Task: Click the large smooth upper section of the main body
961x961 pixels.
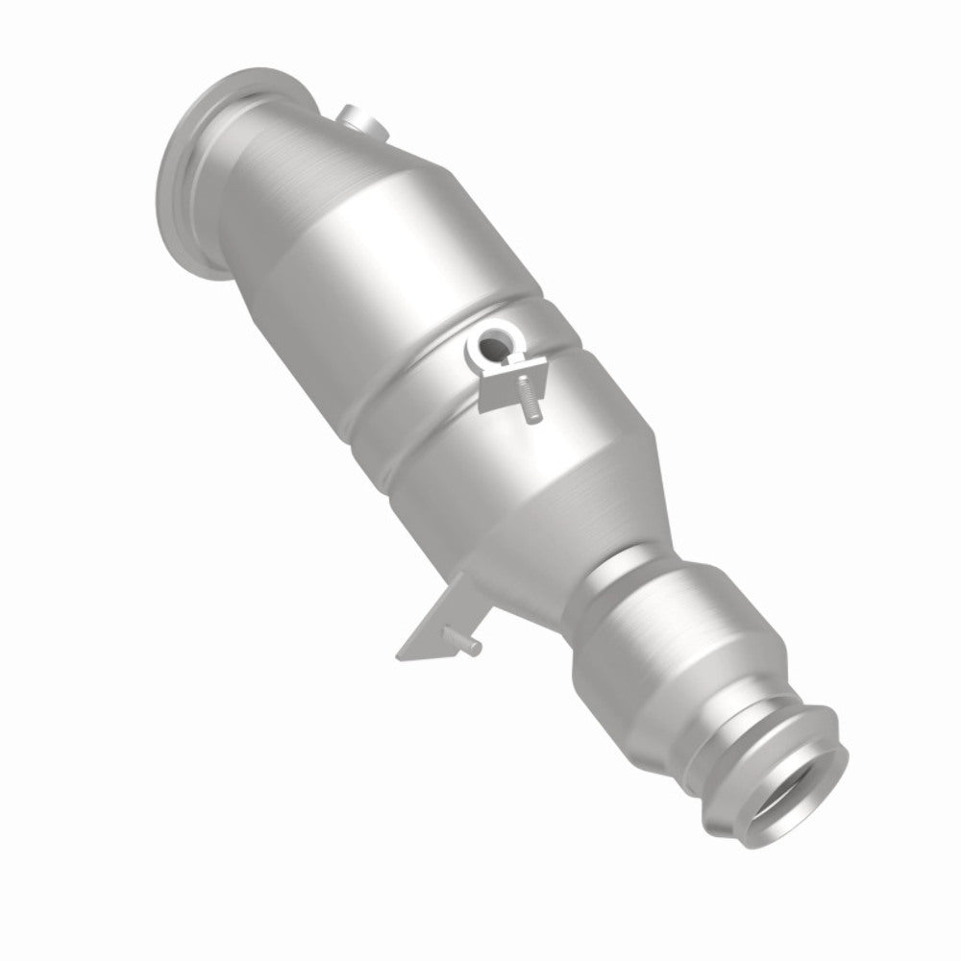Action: point(384,259)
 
